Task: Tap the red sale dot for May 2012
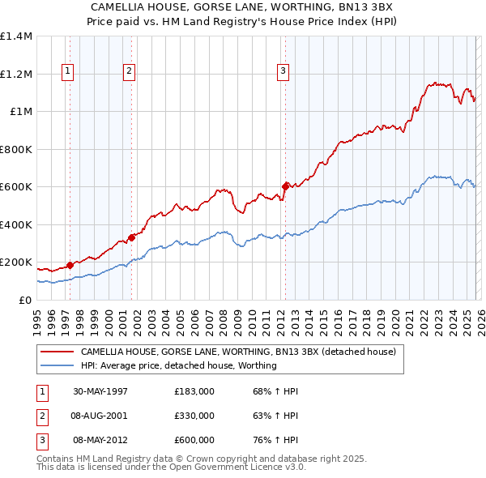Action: [x=285, y=186]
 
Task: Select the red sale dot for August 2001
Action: [x=131, y=237]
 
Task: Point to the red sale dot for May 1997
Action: [x=70, y=265]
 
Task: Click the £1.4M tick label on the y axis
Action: [x=15, y=36]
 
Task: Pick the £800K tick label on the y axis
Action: [x=15, y=149]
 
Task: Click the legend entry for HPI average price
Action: [x=178, y=365]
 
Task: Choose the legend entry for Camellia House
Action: [x=237, y=352]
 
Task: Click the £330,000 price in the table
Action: [x=194, y=416]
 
